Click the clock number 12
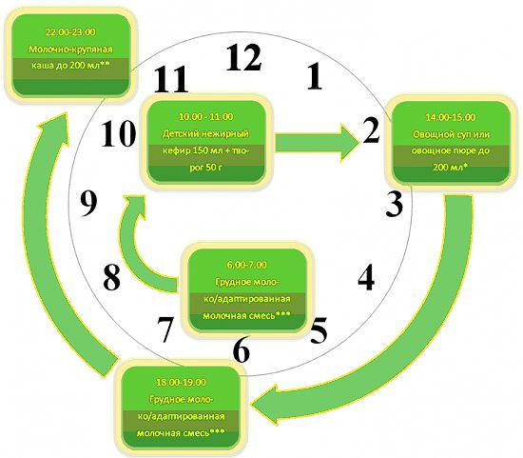point(243,57)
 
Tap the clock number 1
point(315,76)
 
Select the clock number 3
point(395,204)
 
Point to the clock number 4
point(366,277)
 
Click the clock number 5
point(319,330)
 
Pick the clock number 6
point(242,350)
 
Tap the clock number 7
point(165,330)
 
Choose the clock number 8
point(111,278)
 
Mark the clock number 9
point(88,204)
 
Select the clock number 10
point(119,134)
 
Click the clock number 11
point(171,79)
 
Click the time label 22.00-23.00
point(70,32)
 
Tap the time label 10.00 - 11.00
point(205,116)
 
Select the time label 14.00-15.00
point(451,117)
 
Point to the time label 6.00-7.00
point(247,265)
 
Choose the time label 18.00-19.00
point(181,382)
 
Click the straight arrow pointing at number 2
point(317,143)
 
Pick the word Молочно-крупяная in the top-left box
point(70,50)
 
